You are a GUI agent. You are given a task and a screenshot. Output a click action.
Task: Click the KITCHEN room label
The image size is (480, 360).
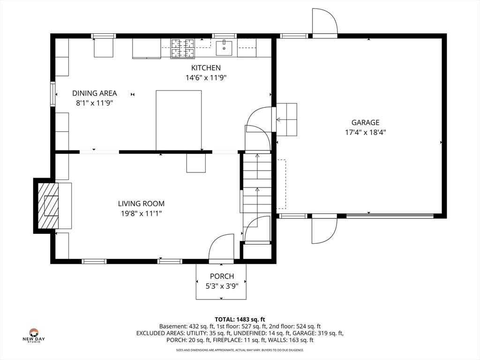[206, 67]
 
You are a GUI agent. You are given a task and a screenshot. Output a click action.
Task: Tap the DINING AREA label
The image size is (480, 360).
[95, 93]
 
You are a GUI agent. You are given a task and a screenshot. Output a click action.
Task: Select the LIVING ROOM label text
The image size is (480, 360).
[141, 203]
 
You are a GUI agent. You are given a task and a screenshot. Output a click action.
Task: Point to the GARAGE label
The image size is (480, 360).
[365, 122]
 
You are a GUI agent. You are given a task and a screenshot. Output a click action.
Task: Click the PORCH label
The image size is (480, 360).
[222, 276]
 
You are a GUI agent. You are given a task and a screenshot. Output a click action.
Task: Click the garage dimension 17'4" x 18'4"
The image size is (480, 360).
[365, 133]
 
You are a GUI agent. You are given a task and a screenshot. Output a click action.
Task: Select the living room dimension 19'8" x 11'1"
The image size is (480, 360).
[141, 213]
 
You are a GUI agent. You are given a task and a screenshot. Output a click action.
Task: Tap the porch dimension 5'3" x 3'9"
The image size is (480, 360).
[222, 286]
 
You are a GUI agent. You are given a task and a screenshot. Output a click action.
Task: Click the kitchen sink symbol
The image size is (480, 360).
[224, 47]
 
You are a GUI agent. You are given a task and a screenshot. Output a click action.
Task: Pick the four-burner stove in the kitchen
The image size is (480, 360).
[183, 48]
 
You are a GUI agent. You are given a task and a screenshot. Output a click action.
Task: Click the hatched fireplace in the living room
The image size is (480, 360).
[48, 206]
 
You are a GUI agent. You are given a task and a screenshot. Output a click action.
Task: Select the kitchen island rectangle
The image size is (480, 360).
[179, 120]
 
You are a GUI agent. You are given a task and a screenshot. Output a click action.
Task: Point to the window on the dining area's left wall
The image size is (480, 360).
[53, 94]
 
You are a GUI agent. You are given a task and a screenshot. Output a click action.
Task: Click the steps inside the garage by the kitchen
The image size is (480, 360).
[286, 120]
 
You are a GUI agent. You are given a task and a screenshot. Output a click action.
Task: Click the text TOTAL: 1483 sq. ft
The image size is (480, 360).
[240, 320]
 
